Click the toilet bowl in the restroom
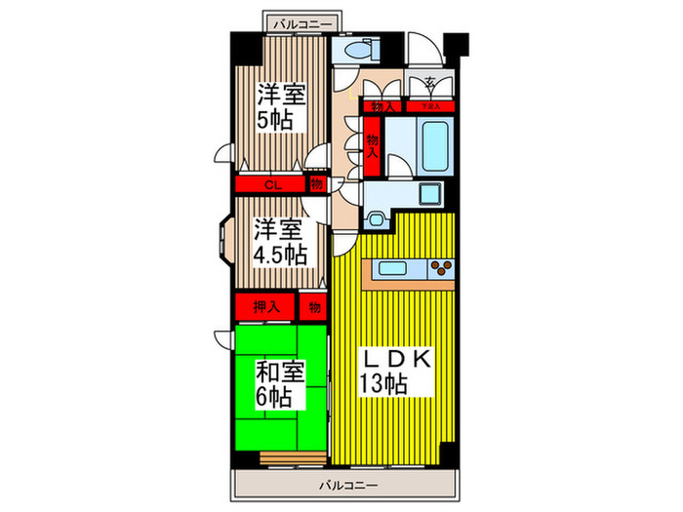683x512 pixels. (347, 49)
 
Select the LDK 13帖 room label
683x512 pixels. (395, 371)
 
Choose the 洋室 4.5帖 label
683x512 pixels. (280, 243)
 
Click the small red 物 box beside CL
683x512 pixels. (315, 183)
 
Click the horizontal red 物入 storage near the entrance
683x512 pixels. (382, 106)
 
